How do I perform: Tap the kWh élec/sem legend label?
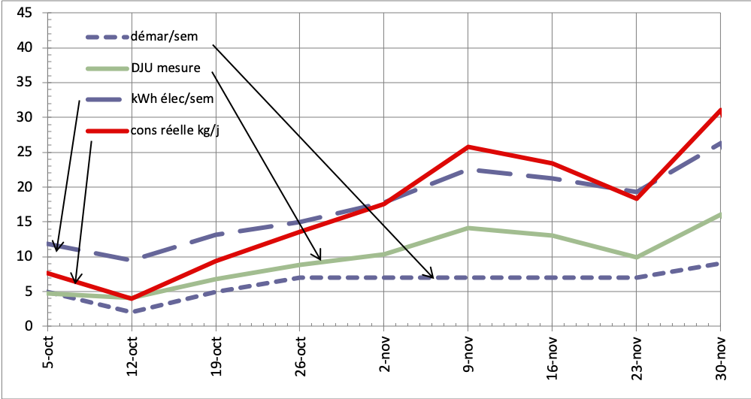click(x=172, y=98)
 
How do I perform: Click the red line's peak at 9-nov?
click(x=468, y=147)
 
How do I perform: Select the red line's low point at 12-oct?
click(x=132, y=298)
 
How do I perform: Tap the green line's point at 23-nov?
click(x=637, y=257)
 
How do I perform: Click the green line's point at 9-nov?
click(x=468, y=228)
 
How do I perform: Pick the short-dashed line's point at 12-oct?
click(x=132, y=312)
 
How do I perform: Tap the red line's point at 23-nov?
click(x=637, y=198)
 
